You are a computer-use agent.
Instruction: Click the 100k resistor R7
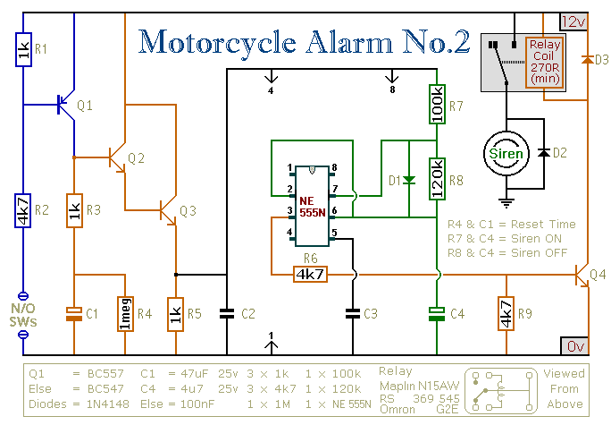tap(437, 104)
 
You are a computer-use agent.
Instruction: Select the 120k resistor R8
tap(437, 179)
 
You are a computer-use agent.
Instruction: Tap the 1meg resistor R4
tap(125, 314)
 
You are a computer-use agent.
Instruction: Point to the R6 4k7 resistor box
tap(310, 275)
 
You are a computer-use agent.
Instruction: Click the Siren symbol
tap(506, 153)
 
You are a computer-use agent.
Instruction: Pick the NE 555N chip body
tap(312, 206)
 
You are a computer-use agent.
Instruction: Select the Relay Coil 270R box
tap(545, 63)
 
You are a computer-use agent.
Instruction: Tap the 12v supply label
tap(574, 21)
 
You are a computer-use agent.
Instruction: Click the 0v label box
tap(574, 345)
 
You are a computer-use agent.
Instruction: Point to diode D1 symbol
tap(409, 180)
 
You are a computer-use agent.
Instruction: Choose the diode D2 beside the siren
tap(544, 153)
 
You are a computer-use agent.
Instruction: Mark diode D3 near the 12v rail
tap(587, 60)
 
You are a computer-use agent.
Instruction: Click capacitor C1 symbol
tap(74, 314)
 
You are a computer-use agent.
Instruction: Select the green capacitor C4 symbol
tap(437, 314)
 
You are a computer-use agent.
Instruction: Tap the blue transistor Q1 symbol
tap(66, 105)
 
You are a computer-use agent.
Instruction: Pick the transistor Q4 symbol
tap(582, 275)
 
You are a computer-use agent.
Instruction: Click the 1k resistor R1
tap(23, 49)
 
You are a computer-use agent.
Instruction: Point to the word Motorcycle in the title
tap(217, 42)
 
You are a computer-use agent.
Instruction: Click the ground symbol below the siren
tap(506, 203)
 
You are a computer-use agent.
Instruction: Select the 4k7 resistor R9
tap(506, 314)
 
